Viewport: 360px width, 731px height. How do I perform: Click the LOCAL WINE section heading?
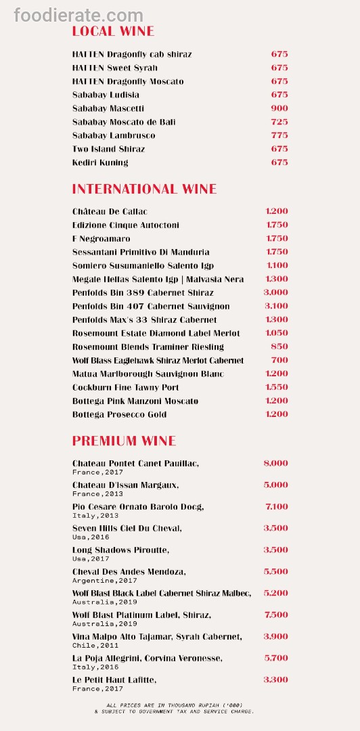(113, 31)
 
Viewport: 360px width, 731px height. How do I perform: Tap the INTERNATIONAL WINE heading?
(144, 189)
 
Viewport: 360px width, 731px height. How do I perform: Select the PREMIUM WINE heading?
(124, 441)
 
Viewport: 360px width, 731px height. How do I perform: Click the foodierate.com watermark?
(78, 15)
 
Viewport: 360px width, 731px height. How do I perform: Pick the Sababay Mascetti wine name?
(108, 108)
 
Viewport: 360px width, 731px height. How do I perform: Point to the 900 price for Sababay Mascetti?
(279, 108)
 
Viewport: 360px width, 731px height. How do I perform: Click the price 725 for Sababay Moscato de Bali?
(279, 122)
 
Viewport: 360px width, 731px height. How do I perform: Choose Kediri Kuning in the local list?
(100, 162)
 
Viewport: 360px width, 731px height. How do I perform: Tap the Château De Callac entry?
(110, 212)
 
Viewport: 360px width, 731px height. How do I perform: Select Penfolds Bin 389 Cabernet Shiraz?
(143, 293)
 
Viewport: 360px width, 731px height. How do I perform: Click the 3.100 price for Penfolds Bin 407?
(275, 307)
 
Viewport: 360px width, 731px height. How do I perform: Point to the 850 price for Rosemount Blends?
(279, 347)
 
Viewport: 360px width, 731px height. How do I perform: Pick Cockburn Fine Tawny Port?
(126, 388)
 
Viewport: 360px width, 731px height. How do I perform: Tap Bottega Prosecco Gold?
(119, 415)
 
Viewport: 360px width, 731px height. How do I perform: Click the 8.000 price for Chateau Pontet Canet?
(275, 464)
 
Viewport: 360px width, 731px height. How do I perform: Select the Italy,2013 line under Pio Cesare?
(95, 516)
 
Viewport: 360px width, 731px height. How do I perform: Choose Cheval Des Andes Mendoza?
(129, 572)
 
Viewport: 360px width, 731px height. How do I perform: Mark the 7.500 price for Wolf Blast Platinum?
(275, 615)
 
